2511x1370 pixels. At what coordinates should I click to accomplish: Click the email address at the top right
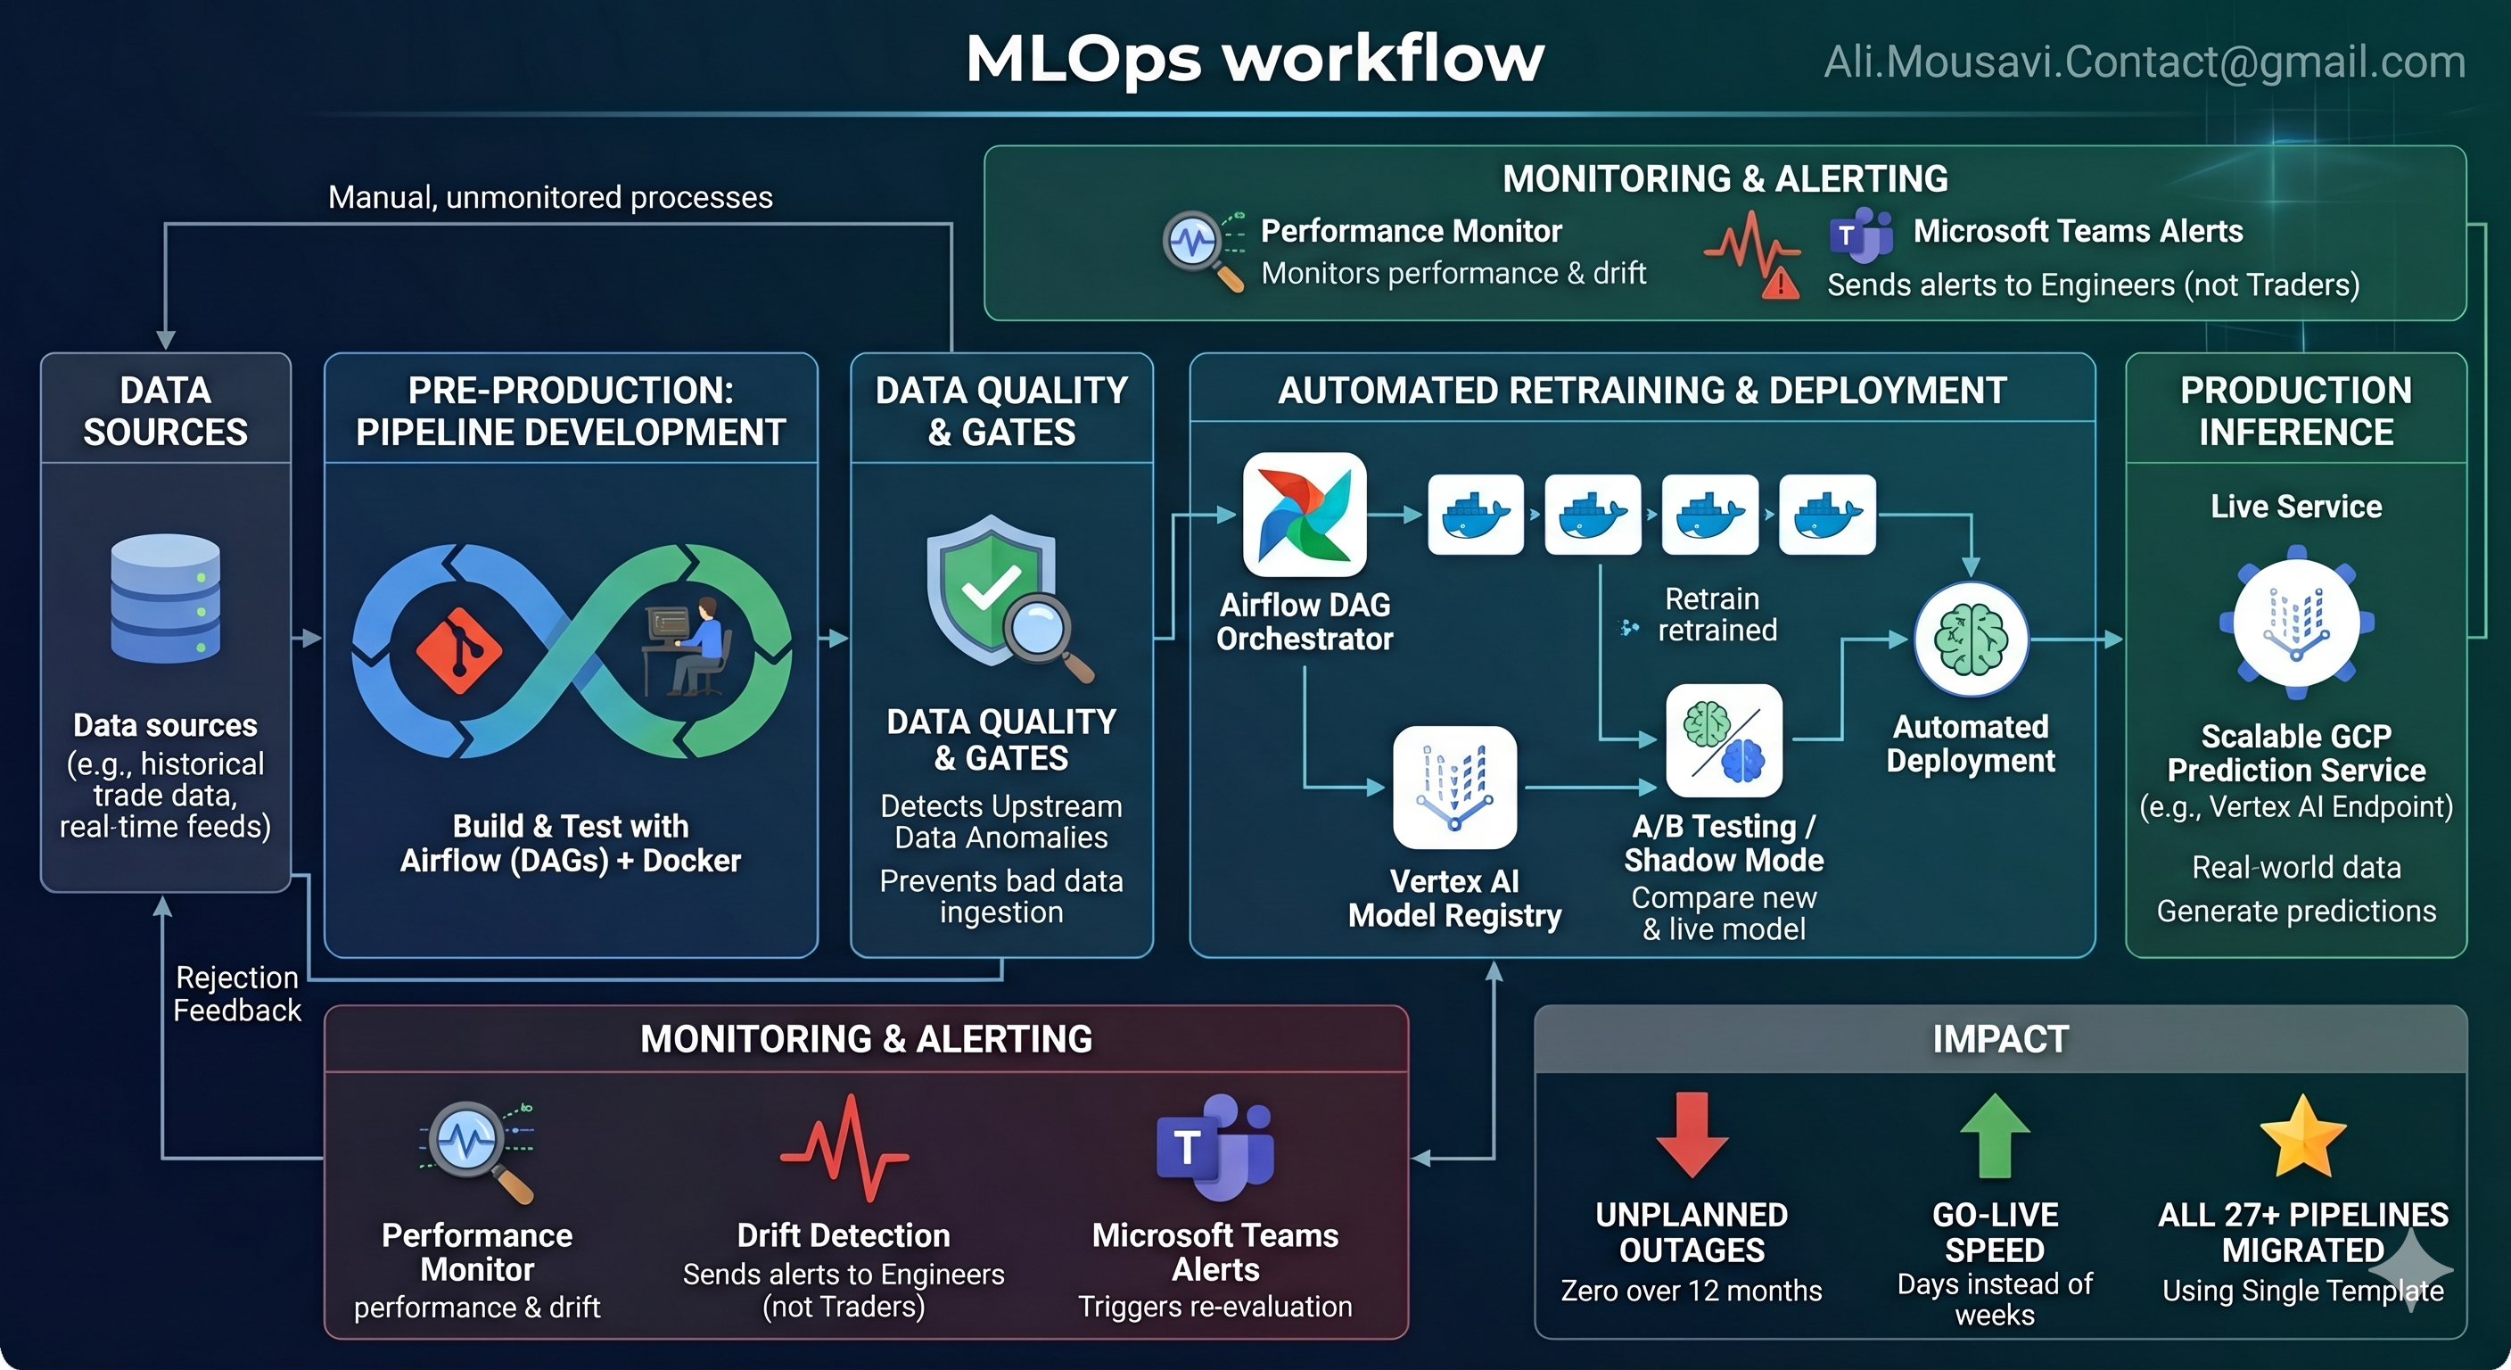pyautogui.click(x=2145, y=62)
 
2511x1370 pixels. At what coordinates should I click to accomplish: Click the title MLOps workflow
pyautogui.click(x=1255, y=59)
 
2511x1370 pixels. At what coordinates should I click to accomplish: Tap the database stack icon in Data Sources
pyautogui.click(x=166, y=598)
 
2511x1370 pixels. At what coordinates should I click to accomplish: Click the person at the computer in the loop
pyautogui.click(x=694, y=648)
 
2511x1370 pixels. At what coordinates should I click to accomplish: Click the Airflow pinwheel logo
pyautogui.click(x=1305, y=514)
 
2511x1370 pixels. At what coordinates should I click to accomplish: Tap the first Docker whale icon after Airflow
pyautogui.click(x=1475, y=515)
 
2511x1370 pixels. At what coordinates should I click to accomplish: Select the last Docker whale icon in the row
pyautogui.click(x=1827, y=515)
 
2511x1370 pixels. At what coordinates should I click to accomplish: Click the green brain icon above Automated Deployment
pyautogui.click(x=1971, y=640)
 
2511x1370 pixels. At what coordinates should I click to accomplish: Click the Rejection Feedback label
pyautogui.click(x=237, y=994)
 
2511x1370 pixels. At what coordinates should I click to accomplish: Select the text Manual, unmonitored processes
pyautogui.click(x=550, y=198)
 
